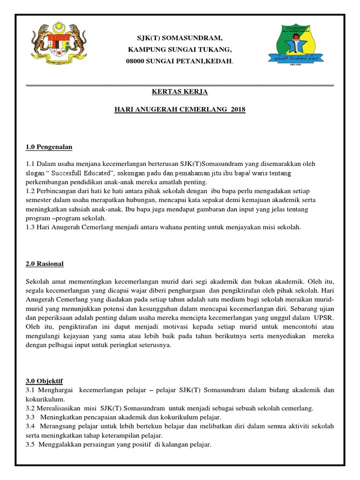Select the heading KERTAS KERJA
pyautogui.click(x=180, y=91)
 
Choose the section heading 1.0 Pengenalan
pyautogui.click(x=49, y=147)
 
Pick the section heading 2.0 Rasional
pyautogui.click(x=45, y=263)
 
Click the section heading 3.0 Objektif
pyautogui.click(x=45, y=381)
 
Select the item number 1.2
pyautogui.click(x=31, y=191)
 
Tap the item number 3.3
pyautogui.click(x=31, y=417)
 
